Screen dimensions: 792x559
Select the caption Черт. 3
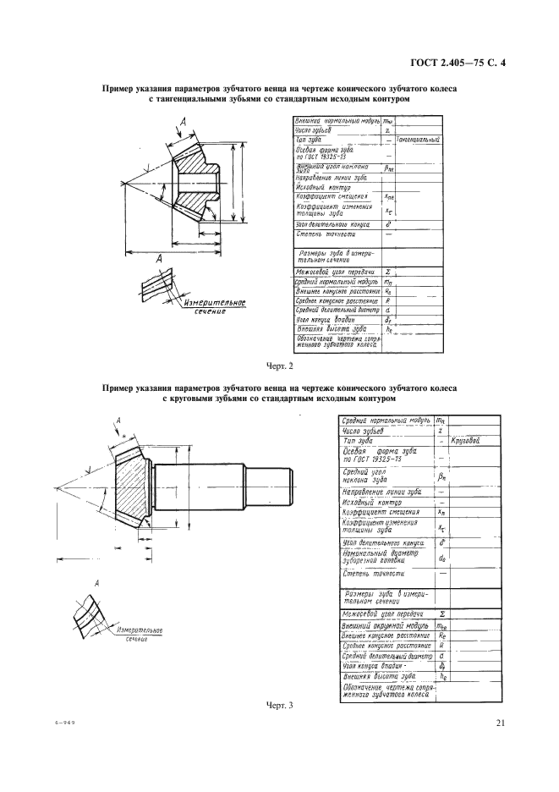[x=279, y=705]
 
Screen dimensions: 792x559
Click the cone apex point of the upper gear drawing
[x=123, y=180]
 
